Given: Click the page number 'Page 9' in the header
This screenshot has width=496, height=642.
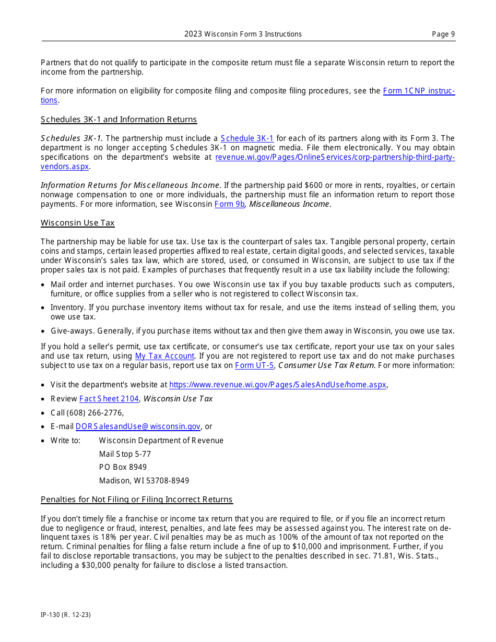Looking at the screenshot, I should tap(443, 34).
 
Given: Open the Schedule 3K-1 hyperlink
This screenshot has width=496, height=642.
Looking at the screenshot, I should tap(247, 138).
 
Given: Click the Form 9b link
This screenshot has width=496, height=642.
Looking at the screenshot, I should tap(229, 204).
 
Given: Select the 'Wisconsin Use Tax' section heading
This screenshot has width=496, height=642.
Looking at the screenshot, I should tap(77, 223).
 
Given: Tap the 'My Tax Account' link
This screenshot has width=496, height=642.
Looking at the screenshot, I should tap(164, 356).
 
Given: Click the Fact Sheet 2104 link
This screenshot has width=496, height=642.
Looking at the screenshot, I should tap(109, 399).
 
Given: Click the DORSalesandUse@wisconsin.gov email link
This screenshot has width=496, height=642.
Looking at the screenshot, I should tap(138, 426).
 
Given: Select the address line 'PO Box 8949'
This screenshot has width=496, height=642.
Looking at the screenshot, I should tap(123, 467).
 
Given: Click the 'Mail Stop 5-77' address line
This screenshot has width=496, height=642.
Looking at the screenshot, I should tap(125, 454).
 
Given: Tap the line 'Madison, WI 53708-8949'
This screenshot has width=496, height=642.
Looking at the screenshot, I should tap(144, 481).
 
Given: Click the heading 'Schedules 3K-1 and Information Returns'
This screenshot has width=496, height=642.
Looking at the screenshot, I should tap(119, 120).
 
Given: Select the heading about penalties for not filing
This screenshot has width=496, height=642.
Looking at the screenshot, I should tap(137, 500).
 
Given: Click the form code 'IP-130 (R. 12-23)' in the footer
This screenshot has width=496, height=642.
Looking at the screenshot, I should tap(66, 615).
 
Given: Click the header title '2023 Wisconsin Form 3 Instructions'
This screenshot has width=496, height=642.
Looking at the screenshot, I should tap(243, 34).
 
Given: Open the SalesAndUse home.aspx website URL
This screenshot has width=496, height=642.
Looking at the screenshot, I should tap(278, 385).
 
